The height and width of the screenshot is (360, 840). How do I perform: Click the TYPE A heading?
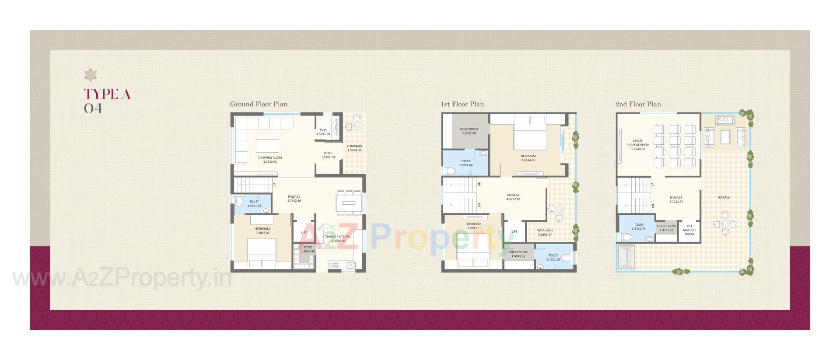[x=107, y=94]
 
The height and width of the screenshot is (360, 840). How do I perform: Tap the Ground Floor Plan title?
[x=259, y=104]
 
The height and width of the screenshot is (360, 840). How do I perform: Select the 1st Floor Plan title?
[x=462, y=104]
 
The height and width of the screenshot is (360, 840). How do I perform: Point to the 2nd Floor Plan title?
[x=638, y=104]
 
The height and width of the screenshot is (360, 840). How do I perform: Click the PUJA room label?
[x=323, y=132]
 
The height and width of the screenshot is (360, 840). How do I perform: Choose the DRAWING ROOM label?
[x=270, y=159]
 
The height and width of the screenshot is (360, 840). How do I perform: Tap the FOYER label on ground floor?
[x=328, y=155]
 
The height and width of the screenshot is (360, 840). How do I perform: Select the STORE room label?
[x=308, y=249]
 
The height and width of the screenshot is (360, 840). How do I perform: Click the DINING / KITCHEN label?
[x=338, y=238]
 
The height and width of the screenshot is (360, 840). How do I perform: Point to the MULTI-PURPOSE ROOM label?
[x=638, y=145]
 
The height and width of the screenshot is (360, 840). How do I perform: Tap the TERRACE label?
[x=723, y=197]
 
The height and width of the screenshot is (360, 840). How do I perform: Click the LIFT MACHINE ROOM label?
[x=689, y=230]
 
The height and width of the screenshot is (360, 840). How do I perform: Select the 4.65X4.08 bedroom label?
[x=528, y=158]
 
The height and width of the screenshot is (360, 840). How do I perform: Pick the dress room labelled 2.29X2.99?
[x=469, y=131]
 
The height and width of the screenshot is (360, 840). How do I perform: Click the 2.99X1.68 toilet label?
[x=465, y=163]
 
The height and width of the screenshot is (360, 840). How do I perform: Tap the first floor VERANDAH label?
[x=545, y=232]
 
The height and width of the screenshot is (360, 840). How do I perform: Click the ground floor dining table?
[x=350, y=203]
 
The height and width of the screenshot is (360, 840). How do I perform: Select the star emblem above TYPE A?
[x=91, y=75]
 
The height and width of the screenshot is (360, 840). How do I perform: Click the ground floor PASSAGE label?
[x=294, y=199]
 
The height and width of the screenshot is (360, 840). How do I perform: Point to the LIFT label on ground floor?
[x=304, y=233]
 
